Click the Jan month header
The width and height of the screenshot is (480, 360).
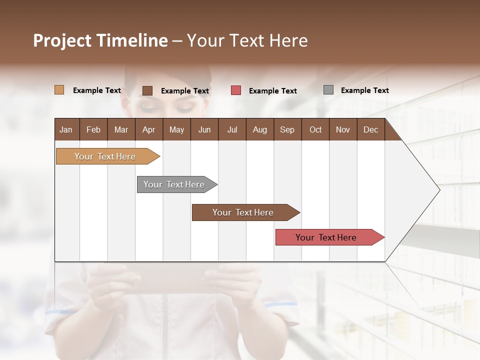(x=66, y=129)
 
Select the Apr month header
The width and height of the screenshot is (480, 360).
(x=148, y=129)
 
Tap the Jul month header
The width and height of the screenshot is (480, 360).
(x=232, y=129)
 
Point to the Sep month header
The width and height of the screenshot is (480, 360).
(x=287, y=129)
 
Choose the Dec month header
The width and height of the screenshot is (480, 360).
(x=370, y=129)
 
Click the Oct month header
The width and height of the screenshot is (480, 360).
(x=315, y=129)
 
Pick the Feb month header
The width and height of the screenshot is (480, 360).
(x=93, y=129)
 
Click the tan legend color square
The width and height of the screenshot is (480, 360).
(x=59, y=90)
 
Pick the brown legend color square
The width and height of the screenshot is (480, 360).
(x=147, y=90)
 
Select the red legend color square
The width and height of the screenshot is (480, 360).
(x=236, y=90)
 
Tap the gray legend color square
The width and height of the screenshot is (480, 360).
(x=328, y=89)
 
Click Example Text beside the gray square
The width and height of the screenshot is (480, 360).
(x=364, y=90)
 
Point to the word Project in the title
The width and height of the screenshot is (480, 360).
(x=62, y=40)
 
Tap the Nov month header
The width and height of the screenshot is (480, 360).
(x=343, y=129)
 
